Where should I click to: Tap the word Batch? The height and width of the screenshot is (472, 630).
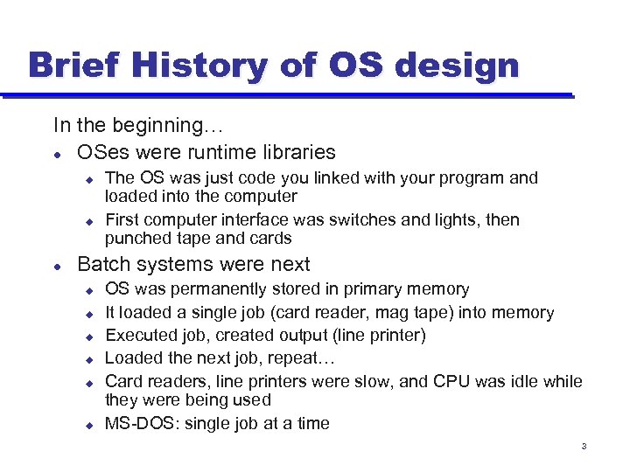103,264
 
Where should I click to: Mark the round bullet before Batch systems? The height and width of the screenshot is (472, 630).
58,265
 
